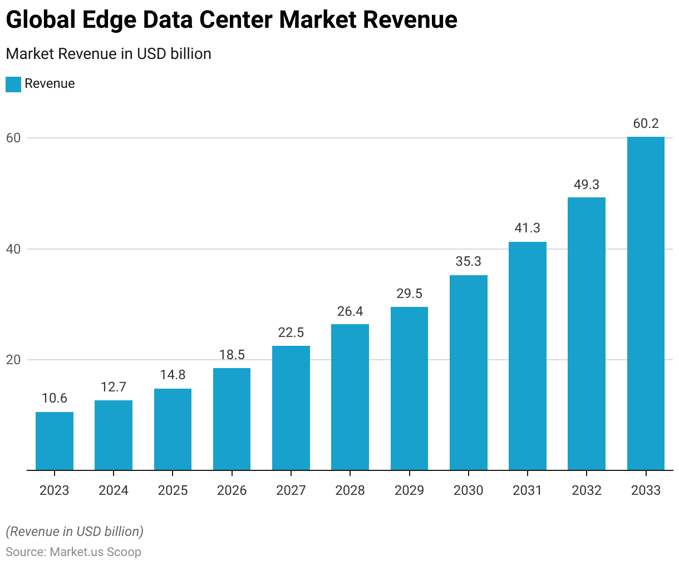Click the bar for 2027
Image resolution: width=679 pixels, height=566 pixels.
[291, 408]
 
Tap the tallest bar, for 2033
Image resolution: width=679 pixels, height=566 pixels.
[646, 304]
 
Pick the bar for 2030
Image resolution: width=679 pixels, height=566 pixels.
[469, 373]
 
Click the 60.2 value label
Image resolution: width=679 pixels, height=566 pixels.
[646, 123]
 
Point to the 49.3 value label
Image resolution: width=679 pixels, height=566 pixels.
[587, 185]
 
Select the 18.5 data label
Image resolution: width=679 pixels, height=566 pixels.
[232, 355]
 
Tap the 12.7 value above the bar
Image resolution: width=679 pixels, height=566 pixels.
[114, 387]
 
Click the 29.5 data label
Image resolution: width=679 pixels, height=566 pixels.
[410, 294]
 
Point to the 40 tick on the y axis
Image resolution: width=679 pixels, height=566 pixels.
[13, 249]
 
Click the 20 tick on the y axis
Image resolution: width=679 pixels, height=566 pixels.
[13, 360]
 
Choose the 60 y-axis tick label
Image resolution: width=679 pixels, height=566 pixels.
[13, 138]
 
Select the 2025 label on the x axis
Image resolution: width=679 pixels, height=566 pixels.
[173, 490]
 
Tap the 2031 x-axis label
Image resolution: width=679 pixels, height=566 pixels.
[528, 490]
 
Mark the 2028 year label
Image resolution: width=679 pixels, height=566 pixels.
[350, 490]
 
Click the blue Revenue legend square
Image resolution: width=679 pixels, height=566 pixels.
[13, 84]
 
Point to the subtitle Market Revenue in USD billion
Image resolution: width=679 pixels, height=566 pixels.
[109, 54]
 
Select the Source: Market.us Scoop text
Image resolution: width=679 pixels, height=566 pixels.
[73, 552]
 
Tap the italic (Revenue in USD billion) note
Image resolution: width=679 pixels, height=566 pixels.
[75, 532]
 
